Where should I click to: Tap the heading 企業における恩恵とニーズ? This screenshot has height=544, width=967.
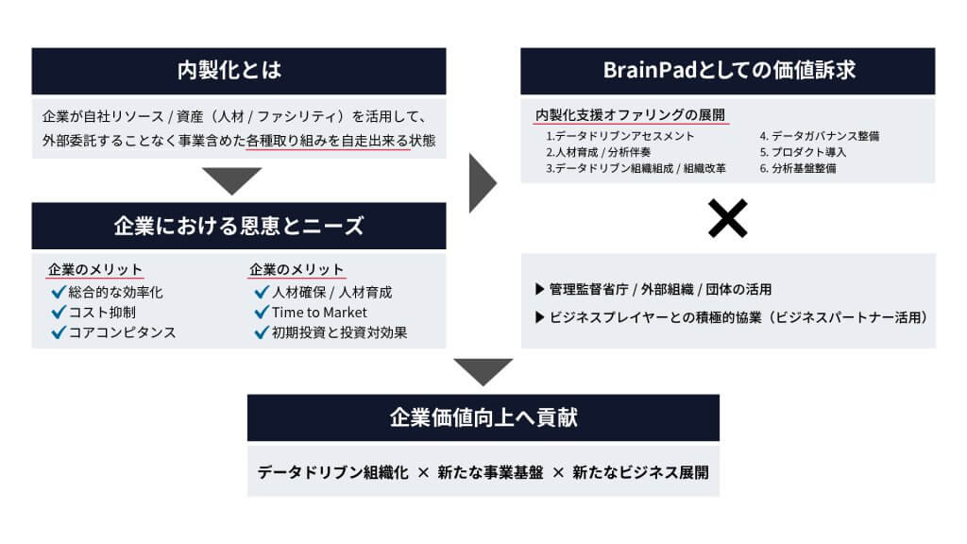tap(239, 226)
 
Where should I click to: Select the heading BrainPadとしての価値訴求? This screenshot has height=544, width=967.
tap(728, 71)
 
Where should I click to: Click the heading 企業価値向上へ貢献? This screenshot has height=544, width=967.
tap(483, 417)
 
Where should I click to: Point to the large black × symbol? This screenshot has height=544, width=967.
tap(728, 219)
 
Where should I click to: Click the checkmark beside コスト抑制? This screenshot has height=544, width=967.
tap(58, 313)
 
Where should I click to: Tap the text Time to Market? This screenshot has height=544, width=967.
tap(319, 313)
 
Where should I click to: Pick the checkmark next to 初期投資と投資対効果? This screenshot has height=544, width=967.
tap(262, 332)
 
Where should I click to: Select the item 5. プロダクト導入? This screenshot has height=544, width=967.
tap(802, 152)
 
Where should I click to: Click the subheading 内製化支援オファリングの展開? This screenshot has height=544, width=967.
tap(630, 115)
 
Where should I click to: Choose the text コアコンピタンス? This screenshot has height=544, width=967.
tap(122, 332)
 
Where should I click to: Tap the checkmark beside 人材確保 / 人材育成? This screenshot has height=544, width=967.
tap(262, 293)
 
